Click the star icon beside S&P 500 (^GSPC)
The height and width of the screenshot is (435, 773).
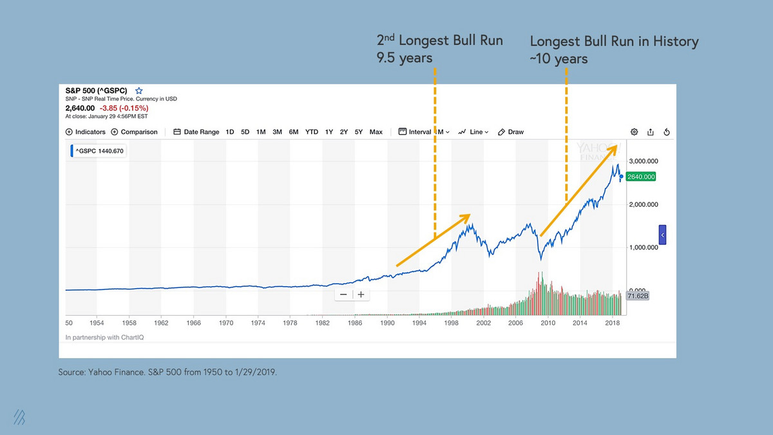[x=138, y=91]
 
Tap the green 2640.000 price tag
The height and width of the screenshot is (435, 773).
[x=640, y=177]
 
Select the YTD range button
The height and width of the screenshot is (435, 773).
[x=312, y=132]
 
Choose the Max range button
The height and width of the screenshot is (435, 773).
[x=376, y=132]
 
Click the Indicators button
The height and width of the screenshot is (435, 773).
[x=85, y=132]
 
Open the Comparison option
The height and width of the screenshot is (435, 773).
[x=134, y=132]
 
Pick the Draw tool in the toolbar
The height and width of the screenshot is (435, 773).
[x=511, y=132]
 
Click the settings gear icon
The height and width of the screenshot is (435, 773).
[x=634, y=132]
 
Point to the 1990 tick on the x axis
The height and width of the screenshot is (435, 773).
[x=387, y=322]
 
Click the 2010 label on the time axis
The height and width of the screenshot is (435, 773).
[x=548, y=322]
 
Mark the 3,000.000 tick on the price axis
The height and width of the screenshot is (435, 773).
[x=643, y=161]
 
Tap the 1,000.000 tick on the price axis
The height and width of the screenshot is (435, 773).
[x=643, y=247]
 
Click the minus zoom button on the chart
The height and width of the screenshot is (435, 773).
[x=343, y=295]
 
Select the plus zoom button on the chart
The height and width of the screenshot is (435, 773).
[x=361, y=295]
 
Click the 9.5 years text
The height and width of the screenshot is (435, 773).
[x=405, y=59]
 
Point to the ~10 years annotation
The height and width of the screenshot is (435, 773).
[x=558, y=59]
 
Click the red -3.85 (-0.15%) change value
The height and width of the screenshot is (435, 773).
[x=124, y=108]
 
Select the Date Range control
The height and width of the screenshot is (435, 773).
[x=196, y=132]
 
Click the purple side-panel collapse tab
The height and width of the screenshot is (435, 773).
[x=662, y=235]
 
